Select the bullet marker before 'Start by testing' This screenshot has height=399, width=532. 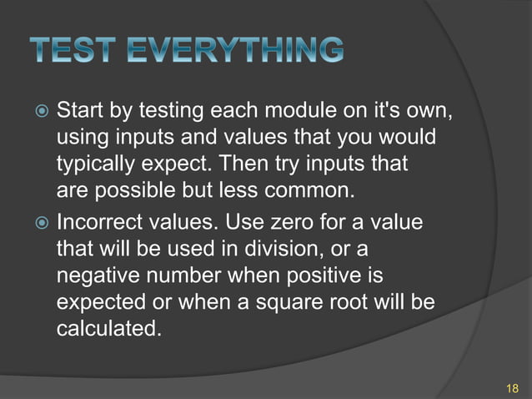click(40, 111)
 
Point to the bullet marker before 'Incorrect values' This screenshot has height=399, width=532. click(40, 223)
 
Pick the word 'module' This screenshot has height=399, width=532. click(310, 110)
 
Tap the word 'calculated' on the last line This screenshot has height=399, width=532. click(107, 329)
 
